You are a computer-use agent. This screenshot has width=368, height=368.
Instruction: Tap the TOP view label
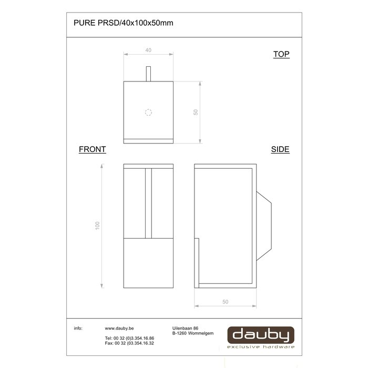tap(281, 54)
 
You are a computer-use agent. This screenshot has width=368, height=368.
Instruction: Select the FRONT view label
tap(93, 149)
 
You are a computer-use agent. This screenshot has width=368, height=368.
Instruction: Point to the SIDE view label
tap(280, 149)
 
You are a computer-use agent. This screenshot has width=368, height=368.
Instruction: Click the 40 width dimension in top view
tap(148, 50)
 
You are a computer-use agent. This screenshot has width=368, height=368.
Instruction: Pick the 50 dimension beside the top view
tap(195, 112)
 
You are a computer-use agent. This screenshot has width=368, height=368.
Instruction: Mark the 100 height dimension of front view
tap(97, 225)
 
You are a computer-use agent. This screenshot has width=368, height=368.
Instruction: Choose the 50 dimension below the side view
tap(226, 301)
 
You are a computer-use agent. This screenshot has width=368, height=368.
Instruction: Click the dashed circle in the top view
tap(148, 112)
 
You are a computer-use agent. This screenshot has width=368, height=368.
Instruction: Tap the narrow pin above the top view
tap(148, 74)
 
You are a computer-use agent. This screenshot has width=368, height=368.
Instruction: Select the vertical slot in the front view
tap(148, 203)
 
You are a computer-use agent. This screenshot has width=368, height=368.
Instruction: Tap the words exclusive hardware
tap(261, 347)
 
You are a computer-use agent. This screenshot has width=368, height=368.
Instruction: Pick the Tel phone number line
tap(129, 338)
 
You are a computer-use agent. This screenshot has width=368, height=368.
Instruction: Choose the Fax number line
tap(129, 343)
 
